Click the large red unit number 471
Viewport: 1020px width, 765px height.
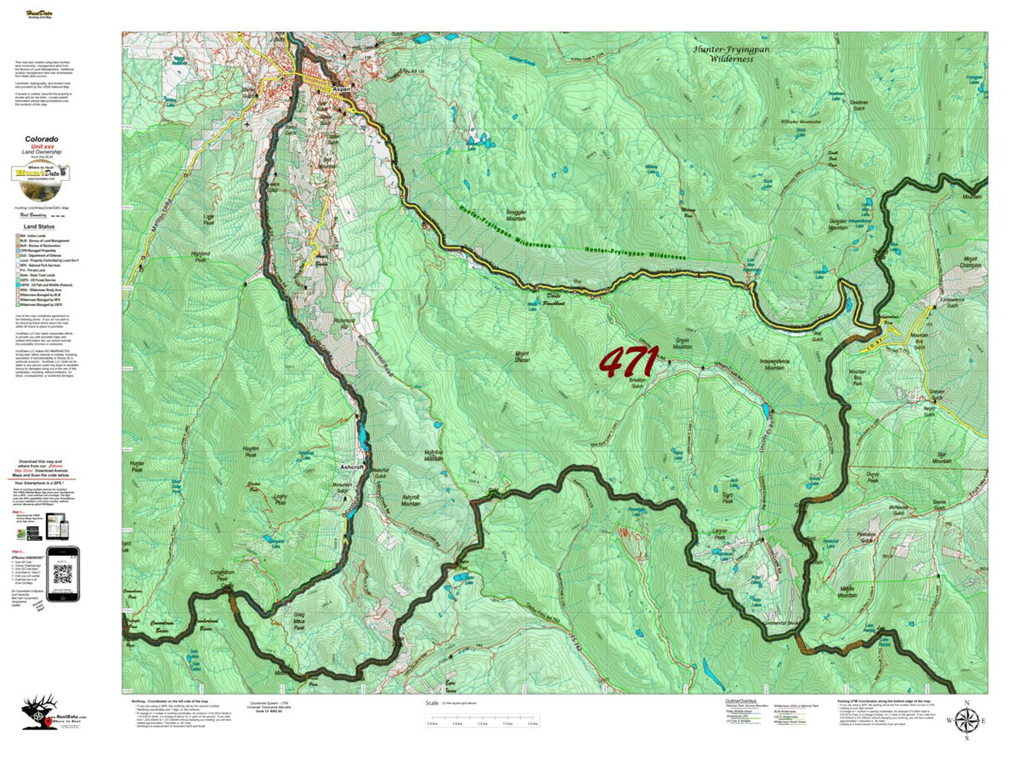628,361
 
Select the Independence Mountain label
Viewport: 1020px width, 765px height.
785,363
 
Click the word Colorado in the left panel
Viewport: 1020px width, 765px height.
41,139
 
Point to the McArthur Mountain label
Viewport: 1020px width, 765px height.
433,456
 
